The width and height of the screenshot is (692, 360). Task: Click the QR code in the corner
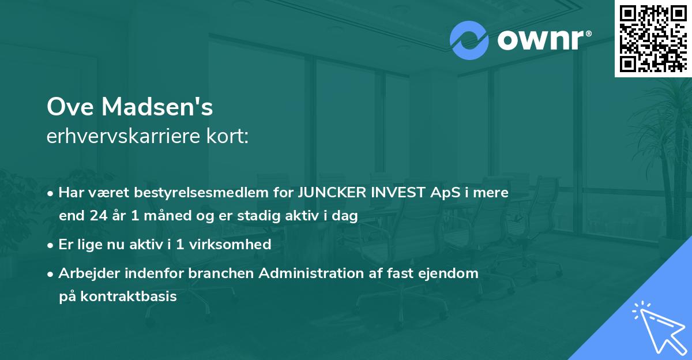click(653, 39)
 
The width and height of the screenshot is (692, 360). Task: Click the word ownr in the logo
click(540, 40)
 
